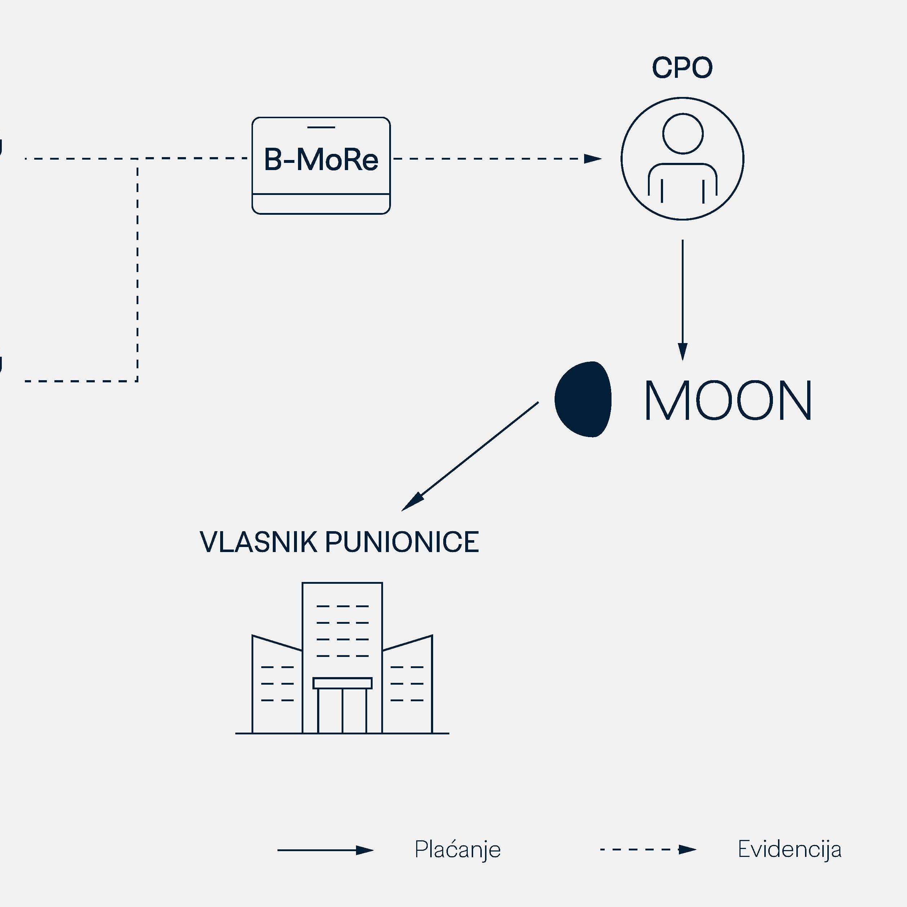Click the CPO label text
coord(682,68)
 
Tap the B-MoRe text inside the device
coord(321,160)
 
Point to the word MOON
coord(728,400)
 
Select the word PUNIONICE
coord(402,542)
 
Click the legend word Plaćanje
coord(457,850)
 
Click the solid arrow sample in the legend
coord(325,850)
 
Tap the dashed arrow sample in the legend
coord(648,849)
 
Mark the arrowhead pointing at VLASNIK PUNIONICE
coord(413,502)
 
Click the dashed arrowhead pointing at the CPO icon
coord(592,159)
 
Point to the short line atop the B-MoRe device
coord(321,127)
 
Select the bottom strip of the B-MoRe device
coord(321,204)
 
